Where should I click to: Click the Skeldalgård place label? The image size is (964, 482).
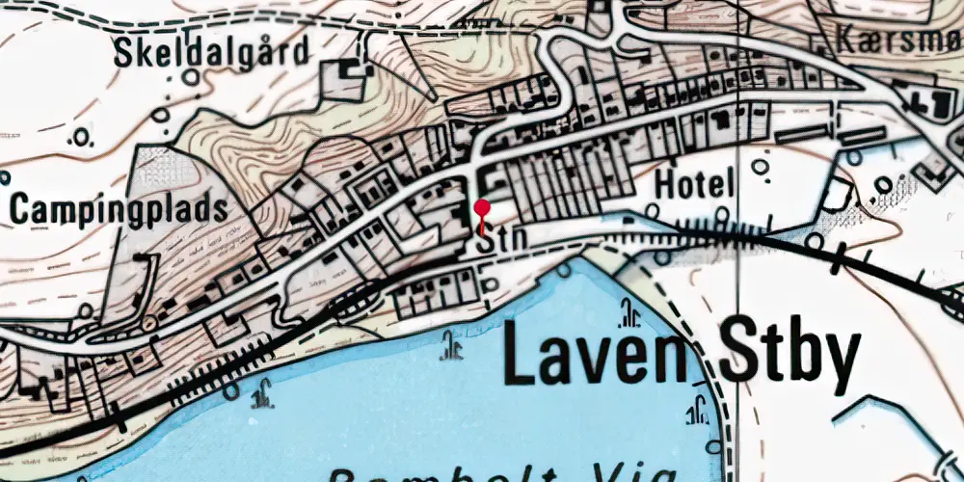[x=213, y=52]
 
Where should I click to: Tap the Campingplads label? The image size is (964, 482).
[x=120, y=208]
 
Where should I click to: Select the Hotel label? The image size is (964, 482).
[x=694, y=184]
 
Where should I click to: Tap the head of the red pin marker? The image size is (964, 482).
[x=482, y=207]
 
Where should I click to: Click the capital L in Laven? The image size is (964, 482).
[x=521, y=357]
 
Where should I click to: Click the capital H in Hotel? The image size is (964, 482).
[x=663, y=184]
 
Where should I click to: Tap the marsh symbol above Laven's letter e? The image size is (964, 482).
[x=631, y=313]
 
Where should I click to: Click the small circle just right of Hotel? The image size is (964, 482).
[x=761, y=168]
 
